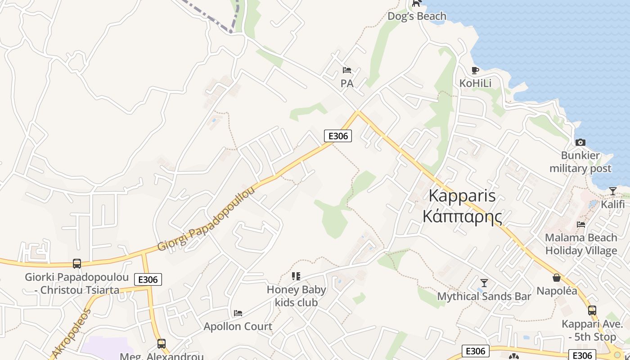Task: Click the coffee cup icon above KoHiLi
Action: point(475,70)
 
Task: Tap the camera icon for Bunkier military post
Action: point(580,142)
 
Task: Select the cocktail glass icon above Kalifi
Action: point(612,191)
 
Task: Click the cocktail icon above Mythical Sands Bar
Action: point(484,283)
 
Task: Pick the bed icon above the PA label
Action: point(346,70)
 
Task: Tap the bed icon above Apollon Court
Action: point(238,313)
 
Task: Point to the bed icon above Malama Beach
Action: point(581,224)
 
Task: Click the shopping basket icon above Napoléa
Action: point(557,278)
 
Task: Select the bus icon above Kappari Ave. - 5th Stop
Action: point(592,310)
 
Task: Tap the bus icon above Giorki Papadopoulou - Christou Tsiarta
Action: point(77,264)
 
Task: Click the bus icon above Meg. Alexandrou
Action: point(162,344)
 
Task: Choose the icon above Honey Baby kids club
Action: point(296,276)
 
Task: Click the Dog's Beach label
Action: point(417,16)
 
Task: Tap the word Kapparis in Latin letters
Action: point(462,196)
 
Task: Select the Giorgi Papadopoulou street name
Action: point(206,219)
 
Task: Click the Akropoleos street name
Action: point(72,333)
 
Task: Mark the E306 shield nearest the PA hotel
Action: point(337,135)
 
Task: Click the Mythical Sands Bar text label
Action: point(484,297)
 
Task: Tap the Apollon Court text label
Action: point(238,326)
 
